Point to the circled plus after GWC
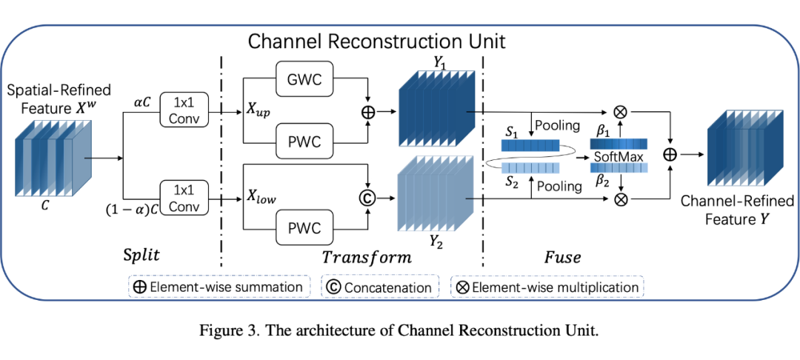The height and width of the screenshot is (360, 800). tap(368, 112)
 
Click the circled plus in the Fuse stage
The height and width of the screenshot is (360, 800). tap(670, 155)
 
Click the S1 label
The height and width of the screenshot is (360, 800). tap(510, 131)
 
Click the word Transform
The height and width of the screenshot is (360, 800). tap(366, 257)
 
